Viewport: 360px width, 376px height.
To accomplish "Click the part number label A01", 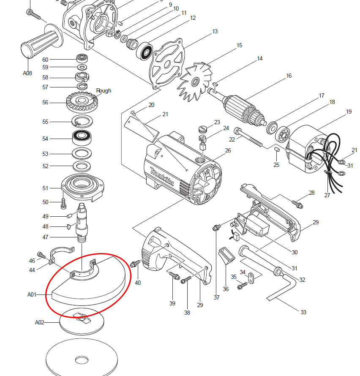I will point(32,294).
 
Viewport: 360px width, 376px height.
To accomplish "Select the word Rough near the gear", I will point(104,90).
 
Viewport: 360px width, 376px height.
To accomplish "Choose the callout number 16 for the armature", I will point(289,76).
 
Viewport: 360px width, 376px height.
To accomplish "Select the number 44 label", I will point(32,270).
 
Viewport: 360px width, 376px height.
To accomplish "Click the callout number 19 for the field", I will point(349,112).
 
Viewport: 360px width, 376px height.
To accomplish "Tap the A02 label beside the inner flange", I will point(39,322).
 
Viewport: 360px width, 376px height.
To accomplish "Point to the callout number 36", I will point(226,289).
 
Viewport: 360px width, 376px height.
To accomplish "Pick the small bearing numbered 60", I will point(82,58).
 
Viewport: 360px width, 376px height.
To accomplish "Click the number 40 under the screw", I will point(138,283).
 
